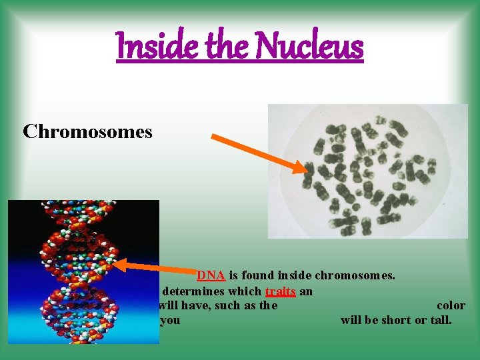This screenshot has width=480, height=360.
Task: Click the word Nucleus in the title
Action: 310,47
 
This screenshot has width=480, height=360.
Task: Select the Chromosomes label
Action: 87,132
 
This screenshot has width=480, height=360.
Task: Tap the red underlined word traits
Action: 280,291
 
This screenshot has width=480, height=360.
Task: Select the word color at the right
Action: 451,305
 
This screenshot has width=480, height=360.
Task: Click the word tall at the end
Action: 441,320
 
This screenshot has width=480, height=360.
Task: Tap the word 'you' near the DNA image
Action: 170,321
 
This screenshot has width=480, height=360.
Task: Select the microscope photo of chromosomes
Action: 367,171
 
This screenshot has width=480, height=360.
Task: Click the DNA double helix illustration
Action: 83,271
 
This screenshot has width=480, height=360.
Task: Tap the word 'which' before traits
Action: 246,291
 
